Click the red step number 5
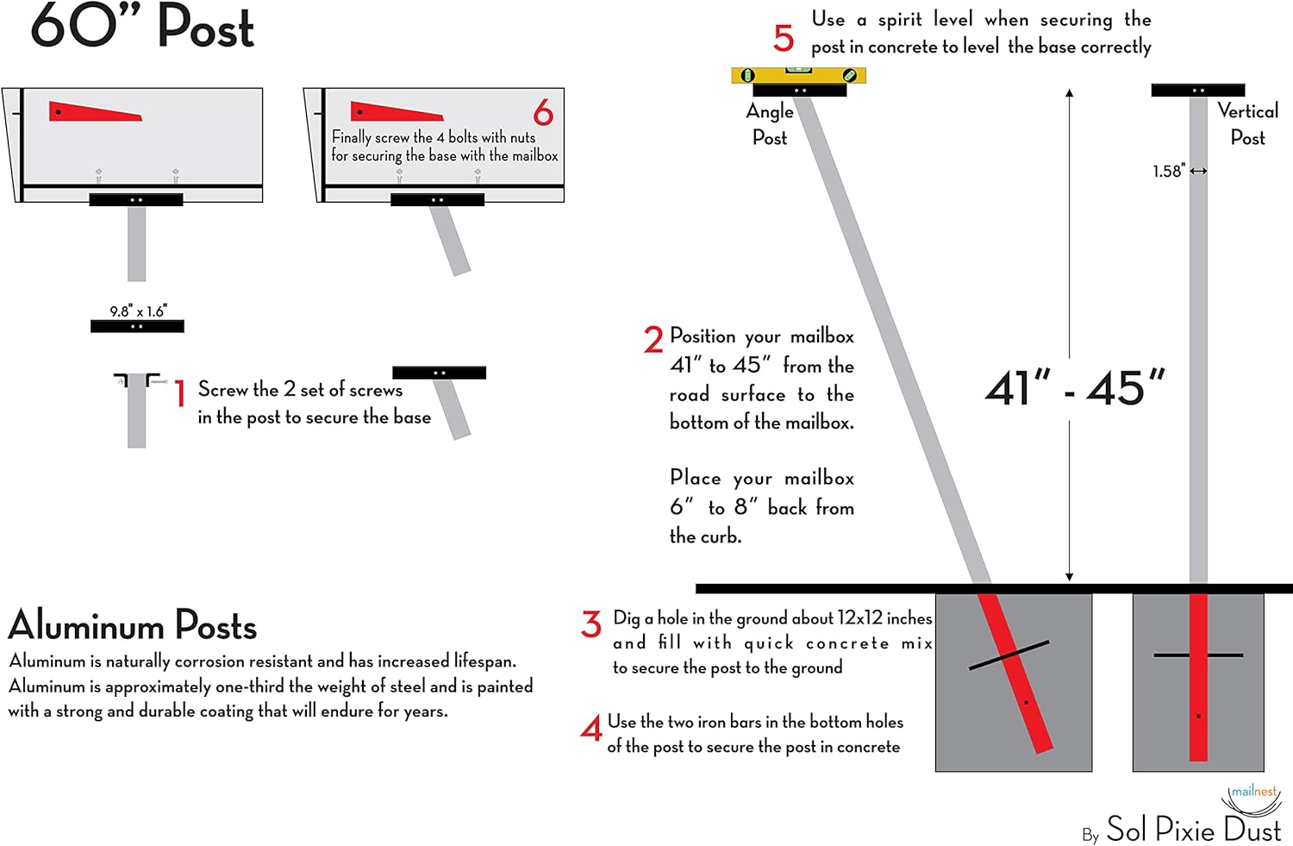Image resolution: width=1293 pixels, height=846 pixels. [x=783, y=38]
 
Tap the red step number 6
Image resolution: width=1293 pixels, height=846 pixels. [x=543, y=113]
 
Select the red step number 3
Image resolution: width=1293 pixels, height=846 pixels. [x=591, y=624]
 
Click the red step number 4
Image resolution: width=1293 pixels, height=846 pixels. [x=591, y=730]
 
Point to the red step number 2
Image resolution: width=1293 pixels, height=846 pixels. [x=653, y=340]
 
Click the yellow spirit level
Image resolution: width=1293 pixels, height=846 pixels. [x=798, y=75]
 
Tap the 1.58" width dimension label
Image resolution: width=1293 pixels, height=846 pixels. [x=1169, y=171]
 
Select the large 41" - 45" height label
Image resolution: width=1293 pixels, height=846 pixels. [x=1075, y=388]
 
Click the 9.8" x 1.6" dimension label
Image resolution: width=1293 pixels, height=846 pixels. [x=138, y=311]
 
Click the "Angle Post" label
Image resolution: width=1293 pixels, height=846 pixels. [x=770, y=124]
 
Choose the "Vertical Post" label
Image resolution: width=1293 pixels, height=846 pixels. [x=1247, y=123]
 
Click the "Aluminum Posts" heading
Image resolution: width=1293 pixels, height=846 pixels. [x=133, y=625]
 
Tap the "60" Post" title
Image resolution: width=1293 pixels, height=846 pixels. [x=143, y=26]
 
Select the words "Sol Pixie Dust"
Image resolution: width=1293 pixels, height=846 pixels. [x=1193, y=830]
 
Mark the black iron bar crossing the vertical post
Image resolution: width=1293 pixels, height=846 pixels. [x=1198, y=655]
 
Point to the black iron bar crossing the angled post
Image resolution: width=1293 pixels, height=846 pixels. [x=1009, y=655]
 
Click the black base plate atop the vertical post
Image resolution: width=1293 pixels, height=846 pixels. [x=1198, y=90]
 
